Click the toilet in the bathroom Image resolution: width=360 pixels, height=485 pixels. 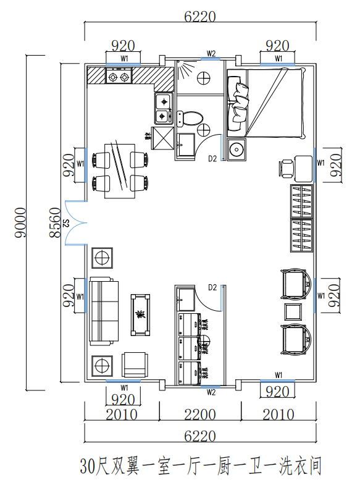point(190,119)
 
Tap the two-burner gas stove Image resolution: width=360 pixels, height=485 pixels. point(119,76)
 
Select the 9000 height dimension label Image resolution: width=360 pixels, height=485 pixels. point(21,222)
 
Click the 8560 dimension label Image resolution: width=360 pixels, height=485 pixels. point(56,222)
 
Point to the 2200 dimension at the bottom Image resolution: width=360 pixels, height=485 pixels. point(200,415)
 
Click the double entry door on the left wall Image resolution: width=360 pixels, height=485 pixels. point(75,222)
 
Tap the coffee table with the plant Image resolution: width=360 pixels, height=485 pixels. point(140,315)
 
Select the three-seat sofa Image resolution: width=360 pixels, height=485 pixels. point(104,311)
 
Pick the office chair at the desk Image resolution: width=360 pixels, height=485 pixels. point(286,169)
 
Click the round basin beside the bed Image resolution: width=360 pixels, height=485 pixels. point(237,150)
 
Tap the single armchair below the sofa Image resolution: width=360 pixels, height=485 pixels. point(135,365)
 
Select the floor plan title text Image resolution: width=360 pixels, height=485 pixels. point(201,466)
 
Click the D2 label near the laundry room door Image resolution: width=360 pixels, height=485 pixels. point(212,288)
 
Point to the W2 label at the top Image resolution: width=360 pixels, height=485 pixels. point(211,54)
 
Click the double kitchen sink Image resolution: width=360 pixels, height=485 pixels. point(164,108)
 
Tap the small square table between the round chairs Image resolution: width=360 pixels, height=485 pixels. point(293,312)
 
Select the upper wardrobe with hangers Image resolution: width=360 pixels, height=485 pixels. point(301,201)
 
